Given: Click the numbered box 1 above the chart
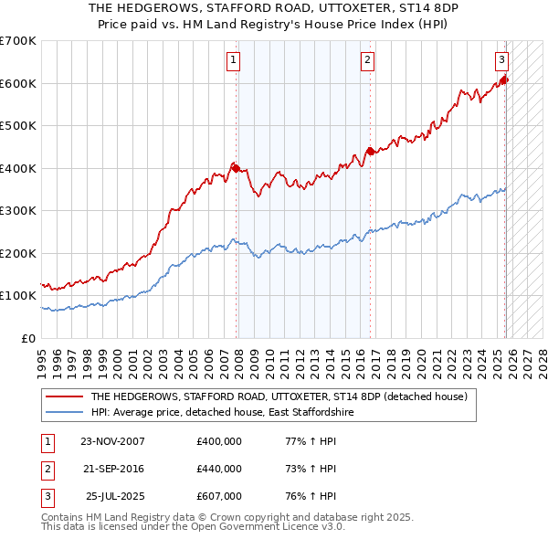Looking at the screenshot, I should click(x=234, y=61).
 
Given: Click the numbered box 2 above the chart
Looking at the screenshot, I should click(x=367, y=61).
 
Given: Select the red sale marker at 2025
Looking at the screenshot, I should click(x=504, y=80).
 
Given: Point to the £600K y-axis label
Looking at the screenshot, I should click(x=18, y=83).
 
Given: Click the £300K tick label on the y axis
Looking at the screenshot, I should click(x=18, y=211).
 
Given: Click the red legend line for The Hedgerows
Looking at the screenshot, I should click(x=65, y=397).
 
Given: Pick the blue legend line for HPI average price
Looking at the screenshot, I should click(x=65, y=413).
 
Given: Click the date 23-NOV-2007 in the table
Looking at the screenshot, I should click(x=112, y=441).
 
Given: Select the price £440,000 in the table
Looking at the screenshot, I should click(x=219, y=469).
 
